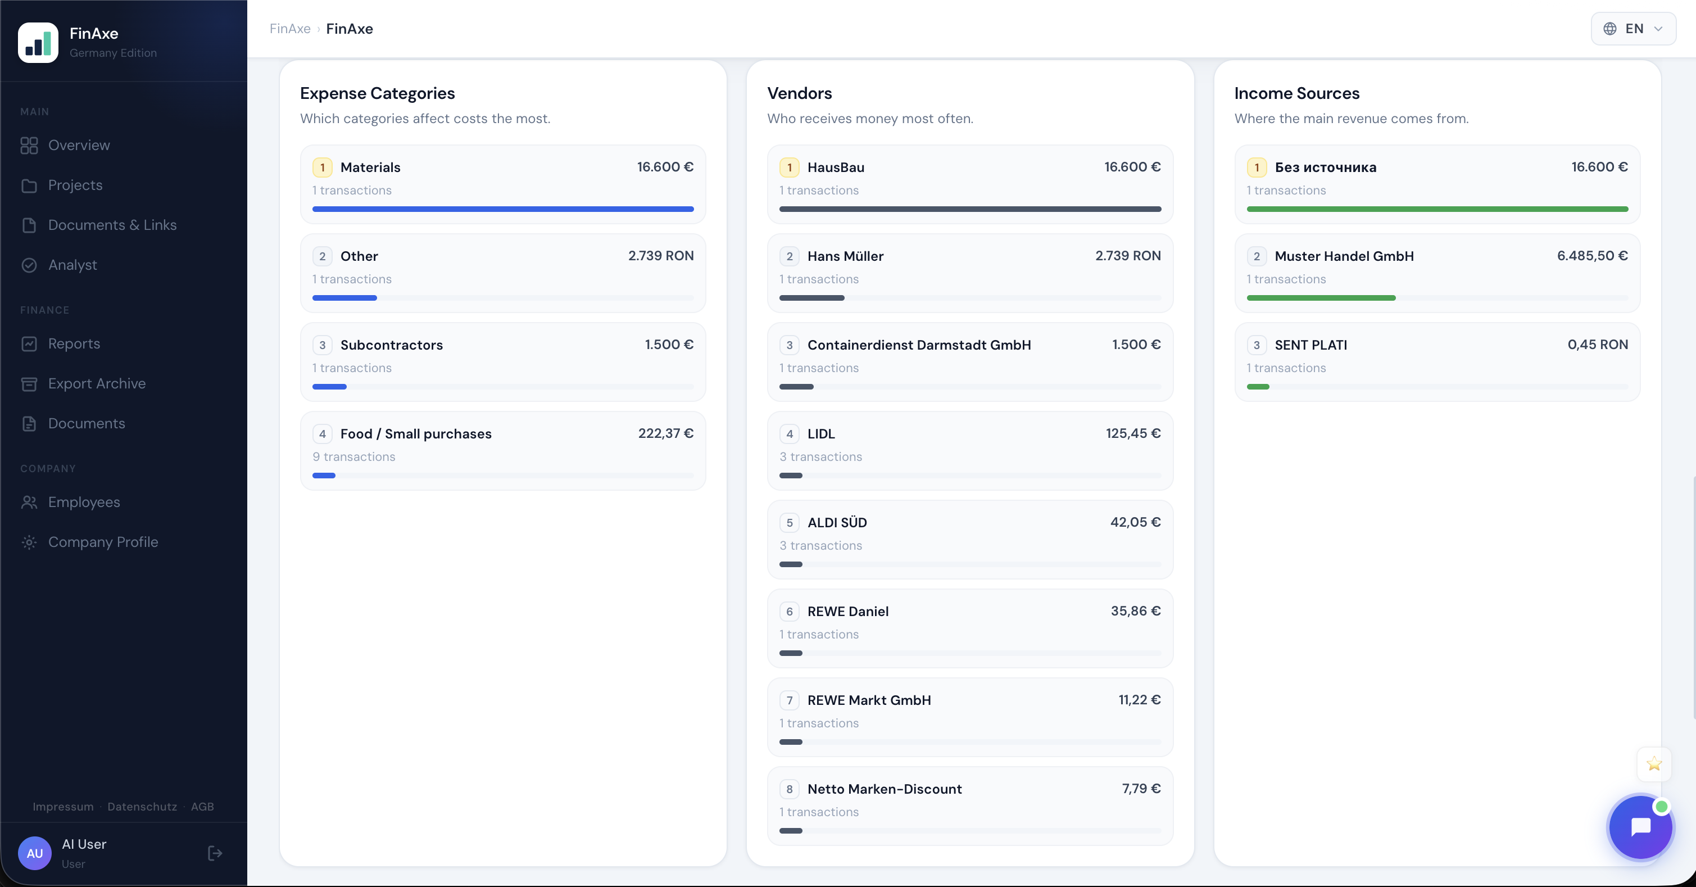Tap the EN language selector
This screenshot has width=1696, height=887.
(1633, 28)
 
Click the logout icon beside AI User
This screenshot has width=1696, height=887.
(215, 853)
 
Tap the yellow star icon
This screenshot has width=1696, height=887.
(1654, 764)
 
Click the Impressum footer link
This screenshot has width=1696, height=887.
(63, 807)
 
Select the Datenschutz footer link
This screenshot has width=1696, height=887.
(142, 807)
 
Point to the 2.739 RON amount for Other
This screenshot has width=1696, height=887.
(660, 256)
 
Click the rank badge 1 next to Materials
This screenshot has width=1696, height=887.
(322, 168)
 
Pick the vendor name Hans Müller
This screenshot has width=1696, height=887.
(845, 256)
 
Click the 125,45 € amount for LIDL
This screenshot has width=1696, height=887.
(1133, 433)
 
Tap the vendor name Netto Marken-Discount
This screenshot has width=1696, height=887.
(884, 789)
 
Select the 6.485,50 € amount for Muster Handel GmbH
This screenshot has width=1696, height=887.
(1592, 256)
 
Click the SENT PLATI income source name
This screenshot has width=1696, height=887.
(1310, 345)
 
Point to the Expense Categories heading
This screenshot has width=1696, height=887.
(377, 93)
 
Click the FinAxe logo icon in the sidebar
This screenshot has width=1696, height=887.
(38, 43)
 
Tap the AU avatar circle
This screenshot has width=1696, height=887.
(35, 853)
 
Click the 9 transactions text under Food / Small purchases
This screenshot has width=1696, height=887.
(353, 457)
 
